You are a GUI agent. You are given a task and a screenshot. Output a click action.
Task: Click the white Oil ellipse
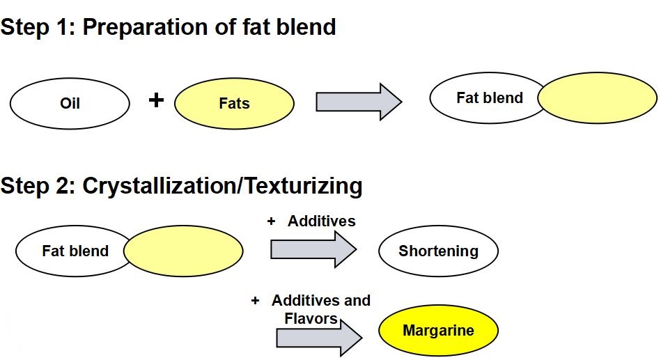point(70,104)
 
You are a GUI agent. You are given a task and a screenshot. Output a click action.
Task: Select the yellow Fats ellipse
point(234,104)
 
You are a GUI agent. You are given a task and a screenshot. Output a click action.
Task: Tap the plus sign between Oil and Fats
point(157,101)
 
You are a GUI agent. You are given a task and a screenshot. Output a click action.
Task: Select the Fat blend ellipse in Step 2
point(73,251)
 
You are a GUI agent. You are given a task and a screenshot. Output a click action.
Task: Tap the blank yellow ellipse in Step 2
point(185,251)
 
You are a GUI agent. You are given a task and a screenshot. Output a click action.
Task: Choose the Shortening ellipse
point(438,251)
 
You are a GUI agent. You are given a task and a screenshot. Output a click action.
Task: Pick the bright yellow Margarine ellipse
point(438,331)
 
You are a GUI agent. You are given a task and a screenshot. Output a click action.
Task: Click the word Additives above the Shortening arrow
point(321,221)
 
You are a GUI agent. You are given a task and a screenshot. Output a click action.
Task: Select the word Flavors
point(311,319)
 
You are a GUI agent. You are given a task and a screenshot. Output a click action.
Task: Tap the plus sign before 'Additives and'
point(256,301)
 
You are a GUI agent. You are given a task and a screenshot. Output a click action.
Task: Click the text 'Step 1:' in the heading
point(38,27)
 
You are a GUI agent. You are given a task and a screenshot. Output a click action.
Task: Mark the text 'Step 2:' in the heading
point(38,186)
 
